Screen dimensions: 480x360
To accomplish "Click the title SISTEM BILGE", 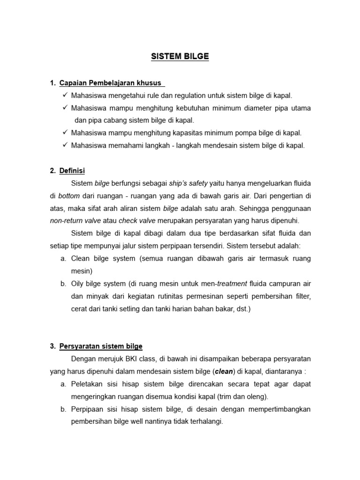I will (180, 57).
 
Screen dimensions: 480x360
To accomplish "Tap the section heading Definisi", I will (72, 171).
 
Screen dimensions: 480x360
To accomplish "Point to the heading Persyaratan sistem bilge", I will (101, 346).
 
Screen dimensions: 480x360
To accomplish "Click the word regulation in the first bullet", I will (169, 96).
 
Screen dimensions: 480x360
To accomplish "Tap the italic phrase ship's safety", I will (188, 183).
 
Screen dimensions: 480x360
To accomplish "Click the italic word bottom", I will (69, 196).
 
